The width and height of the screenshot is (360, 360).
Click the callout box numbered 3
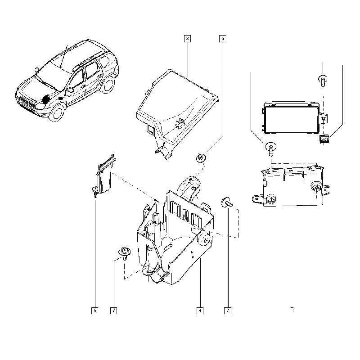point(187,38)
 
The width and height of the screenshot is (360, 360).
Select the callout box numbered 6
point(222,38)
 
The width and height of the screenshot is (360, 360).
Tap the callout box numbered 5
point(95,310)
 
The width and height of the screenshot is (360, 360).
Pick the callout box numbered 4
point(200,310)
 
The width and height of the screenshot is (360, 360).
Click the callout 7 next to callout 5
point(114,310)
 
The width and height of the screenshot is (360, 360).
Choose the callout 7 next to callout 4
point(228,310)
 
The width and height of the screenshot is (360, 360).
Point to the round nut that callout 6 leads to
point(201,158)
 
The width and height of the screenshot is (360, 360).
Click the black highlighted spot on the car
point(46,99)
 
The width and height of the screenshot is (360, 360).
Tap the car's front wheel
point(57,112)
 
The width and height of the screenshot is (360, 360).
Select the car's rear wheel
point(108,85)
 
